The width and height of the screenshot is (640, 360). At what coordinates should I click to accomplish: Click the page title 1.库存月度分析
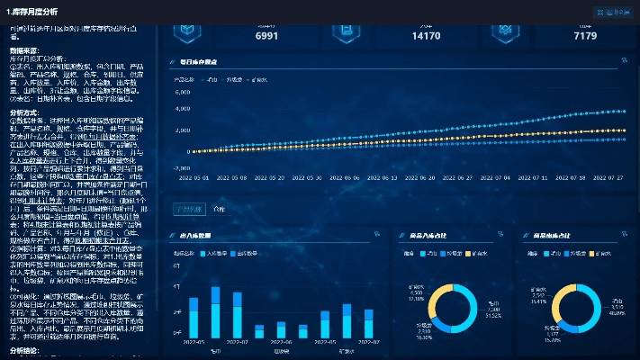point(32,11)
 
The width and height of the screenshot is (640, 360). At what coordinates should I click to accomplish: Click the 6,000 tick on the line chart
point(182,92)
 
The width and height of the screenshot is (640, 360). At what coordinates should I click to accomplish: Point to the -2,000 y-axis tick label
point(180,167)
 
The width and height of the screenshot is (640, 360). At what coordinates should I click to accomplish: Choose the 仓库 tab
point(220,209)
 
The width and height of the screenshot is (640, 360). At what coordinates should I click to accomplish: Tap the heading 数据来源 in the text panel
point(24,50)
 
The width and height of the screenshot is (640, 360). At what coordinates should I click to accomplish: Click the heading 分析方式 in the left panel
point(24,113)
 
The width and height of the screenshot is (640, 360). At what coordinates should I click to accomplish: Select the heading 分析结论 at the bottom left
point(24,350)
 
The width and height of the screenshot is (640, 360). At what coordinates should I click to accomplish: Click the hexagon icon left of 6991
point(188,31)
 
